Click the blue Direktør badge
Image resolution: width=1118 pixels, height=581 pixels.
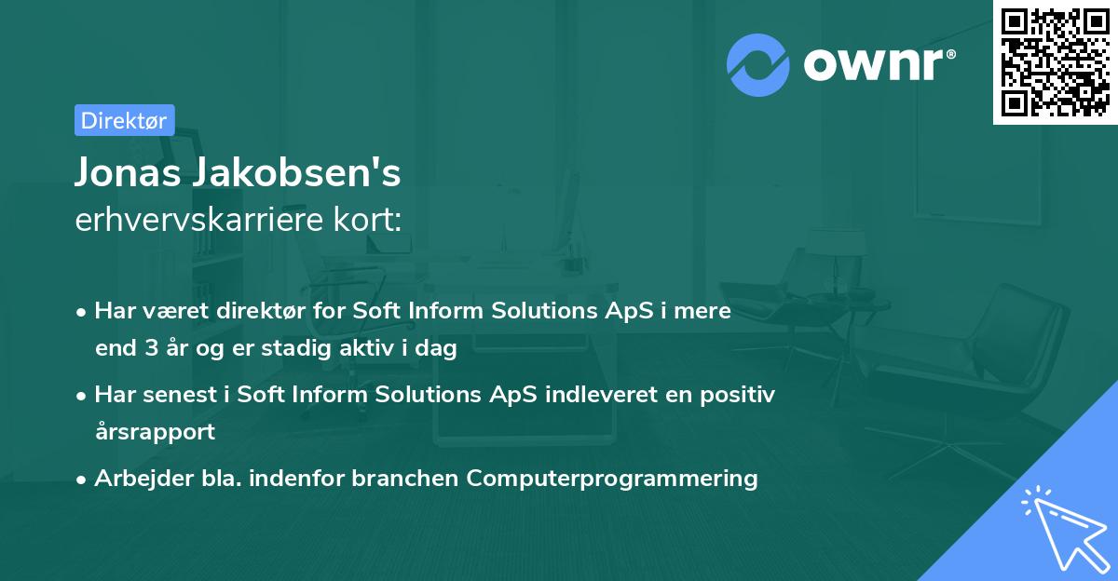125,120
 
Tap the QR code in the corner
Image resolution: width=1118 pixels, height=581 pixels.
1055,62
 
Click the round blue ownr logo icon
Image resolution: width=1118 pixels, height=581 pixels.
758,65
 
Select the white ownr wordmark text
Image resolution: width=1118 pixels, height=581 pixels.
873,64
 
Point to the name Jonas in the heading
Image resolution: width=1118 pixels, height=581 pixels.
128,172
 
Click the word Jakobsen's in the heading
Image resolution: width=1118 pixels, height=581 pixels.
297,172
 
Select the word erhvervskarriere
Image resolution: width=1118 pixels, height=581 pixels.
199,220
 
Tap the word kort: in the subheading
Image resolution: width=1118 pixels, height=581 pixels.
367,220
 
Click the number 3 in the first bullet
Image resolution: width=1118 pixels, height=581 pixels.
152,348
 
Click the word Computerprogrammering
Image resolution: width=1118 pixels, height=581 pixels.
612,479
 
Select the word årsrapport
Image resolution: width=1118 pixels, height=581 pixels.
156,432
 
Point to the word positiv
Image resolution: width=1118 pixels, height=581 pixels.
738,395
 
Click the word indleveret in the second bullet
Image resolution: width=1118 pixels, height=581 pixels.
600,395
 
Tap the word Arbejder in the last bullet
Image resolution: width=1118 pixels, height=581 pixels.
143,479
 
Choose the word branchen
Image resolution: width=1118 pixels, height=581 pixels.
404,479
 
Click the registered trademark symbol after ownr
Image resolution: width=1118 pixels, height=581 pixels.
950,54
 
